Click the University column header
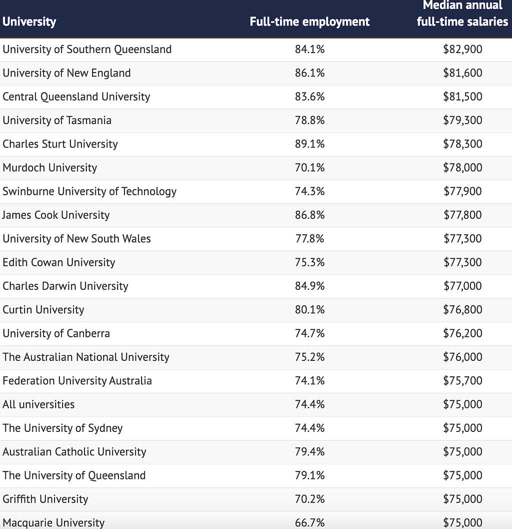click(29, 22)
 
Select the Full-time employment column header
click(309, 22)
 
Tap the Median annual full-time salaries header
click(462, 14)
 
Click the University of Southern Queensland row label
click(87, 49)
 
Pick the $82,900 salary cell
click(462, 49)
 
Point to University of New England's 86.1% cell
click(309, 73)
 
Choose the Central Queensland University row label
click(76, 97)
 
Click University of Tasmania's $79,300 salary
click(462, 120)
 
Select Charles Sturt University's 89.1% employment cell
click(309, 144)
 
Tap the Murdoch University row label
click(50, 168)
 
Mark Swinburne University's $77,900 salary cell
click(462, 191)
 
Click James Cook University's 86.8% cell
click(309, 215)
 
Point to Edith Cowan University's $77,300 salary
click(462, 262)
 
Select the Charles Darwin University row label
click(65, 286)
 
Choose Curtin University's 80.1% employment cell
click(309, 310)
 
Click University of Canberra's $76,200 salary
click(462, 333)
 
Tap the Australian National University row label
click(86, 357)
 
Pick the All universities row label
click(38, 404)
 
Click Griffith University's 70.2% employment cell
click(309, 499)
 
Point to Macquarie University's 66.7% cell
click(309, 522)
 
